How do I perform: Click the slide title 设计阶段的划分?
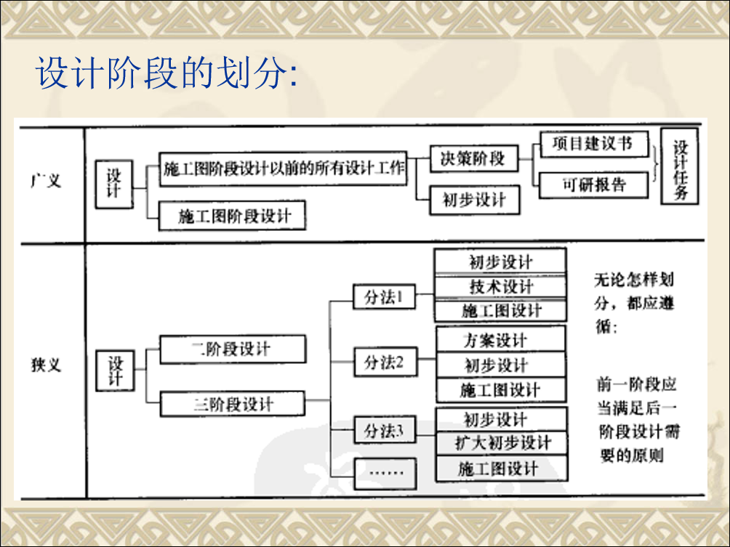(167, 73)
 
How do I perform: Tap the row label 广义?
(46, 180)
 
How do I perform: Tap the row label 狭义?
(46, 365)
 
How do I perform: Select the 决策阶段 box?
(473, 158)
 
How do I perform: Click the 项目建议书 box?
(593, 144)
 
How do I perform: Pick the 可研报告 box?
(593, 185)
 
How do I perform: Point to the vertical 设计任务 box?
(680, 166)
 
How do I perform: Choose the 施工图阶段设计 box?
(233, 215)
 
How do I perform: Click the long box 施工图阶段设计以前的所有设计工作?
(283, 169)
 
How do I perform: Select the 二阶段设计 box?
(233, 349)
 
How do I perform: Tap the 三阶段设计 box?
(233, 404)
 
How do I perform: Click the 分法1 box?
(384, 297)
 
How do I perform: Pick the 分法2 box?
(385, 362)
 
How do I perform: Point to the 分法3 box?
(385, 430)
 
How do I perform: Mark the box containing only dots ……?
(385, 474)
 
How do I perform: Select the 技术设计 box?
(500, 286)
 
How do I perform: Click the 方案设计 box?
(501, 339)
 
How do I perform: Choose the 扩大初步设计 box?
(502, 442)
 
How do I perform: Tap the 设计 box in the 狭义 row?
(115, 370)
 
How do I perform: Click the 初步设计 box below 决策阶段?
(474, 200)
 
